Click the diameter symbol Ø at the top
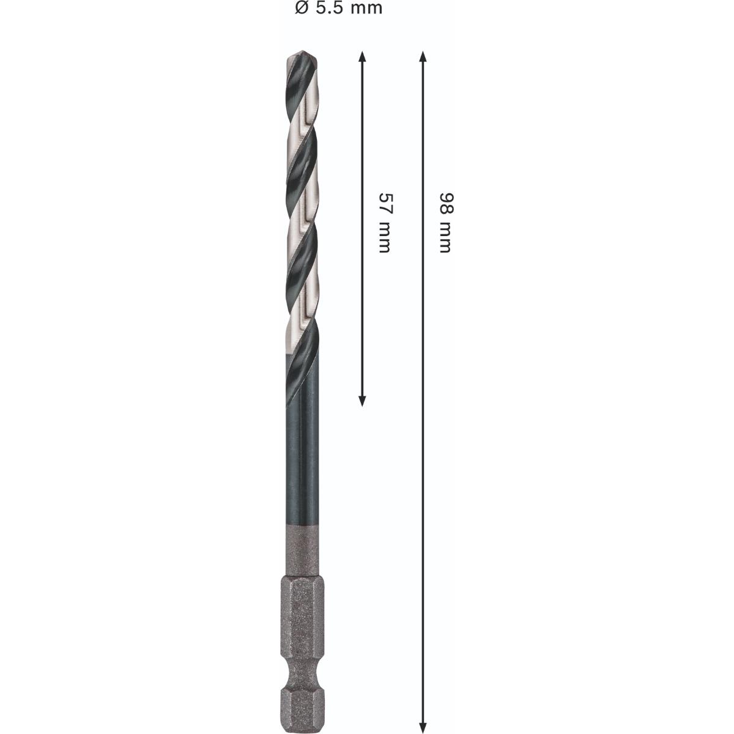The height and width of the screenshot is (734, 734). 300,8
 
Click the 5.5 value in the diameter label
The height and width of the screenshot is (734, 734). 328,8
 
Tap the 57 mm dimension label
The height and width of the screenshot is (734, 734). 385,223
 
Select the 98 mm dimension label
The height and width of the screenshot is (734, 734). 446,223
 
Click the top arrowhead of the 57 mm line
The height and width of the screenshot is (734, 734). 362,56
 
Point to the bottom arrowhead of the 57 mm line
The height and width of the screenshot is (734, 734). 362,401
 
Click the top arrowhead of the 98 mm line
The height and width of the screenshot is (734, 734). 422,56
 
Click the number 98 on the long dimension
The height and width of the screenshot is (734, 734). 446,202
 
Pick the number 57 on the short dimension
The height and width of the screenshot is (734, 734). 385,202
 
